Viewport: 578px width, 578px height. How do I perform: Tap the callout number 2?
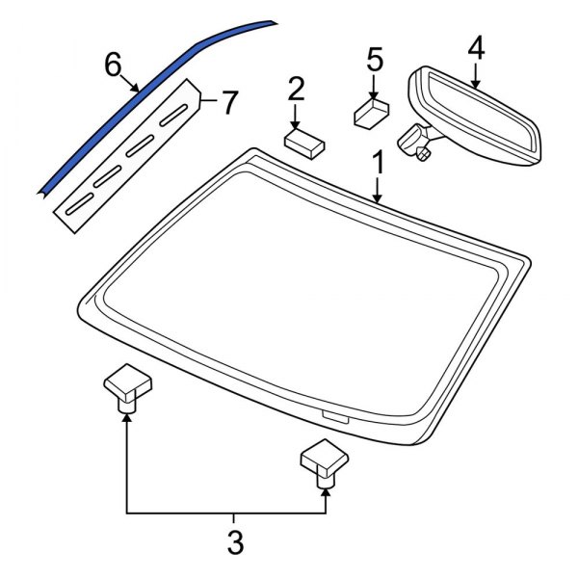pyautogui.click(x=296, y=91)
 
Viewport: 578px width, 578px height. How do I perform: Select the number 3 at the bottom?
pyautogui.click(x=235, y=542)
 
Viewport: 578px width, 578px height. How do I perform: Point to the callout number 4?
pyautogui.click(x=476, y=47)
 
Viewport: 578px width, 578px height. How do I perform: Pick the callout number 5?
pyautogui.click(x=375, y=61)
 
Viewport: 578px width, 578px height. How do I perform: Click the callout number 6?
pyautogui.click(x=114, y=66)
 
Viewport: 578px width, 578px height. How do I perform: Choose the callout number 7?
pyautogui.click(x=228, y=102)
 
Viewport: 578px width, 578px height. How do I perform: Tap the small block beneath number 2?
pyautogui.click(x=302, y=143)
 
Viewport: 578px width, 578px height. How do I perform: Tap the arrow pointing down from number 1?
pyautogui.click(x=379, y=189)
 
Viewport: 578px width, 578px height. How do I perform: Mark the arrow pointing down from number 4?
pyautogui.click(x=474, y=75)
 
